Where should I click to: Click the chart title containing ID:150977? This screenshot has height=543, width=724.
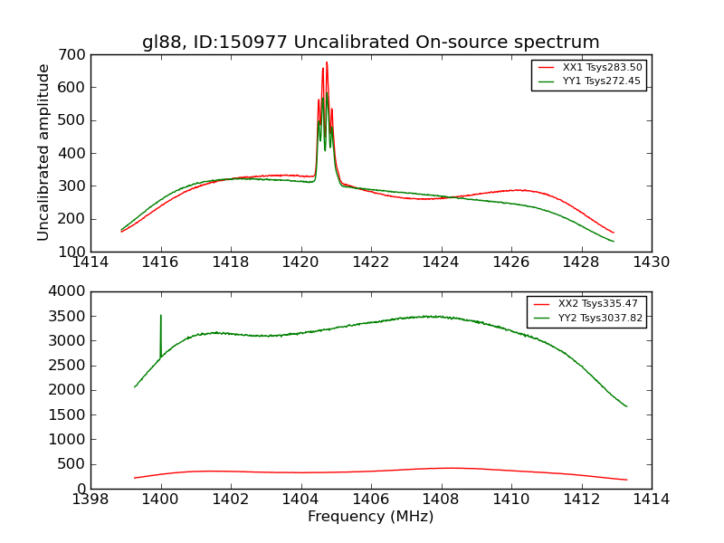click(370, 42)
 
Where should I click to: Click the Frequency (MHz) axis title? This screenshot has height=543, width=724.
click(370, 517)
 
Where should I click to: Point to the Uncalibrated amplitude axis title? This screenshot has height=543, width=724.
click(43, 152)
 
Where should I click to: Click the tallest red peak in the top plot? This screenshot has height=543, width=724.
click(327, 62)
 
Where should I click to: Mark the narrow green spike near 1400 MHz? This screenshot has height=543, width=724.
click(161, 316)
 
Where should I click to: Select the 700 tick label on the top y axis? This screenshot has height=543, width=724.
click(73, 54)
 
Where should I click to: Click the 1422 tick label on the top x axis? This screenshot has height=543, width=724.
click(370, 262)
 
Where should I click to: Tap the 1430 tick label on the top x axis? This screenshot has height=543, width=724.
click(651, 262)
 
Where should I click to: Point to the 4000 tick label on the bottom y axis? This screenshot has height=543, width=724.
click(69, 291)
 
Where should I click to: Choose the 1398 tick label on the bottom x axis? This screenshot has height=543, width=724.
click(90, 500)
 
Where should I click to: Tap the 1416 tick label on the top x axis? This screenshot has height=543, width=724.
click(161, 262)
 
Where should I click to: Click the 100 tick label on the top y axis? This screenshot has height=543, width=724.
click(73, 252)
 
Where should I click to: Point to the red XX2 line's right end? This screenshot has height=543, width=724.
click(626, 480)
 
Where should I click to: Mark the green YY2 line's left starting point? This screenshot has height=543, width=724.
click(135, 387)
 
